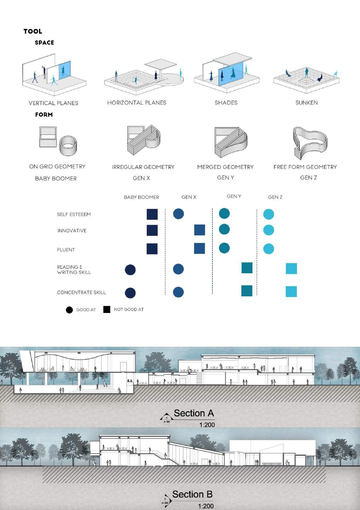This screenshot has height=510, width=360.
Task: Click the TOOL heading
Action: (x=33, y=31)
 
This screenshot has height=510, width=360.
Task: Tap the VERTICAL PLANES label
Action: (x=53, y=103)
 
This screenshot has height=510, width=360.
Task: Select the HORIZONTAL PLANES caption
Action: (x=137, y=103)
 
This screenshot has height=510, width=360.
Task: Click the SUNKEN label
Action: (x=306, y=103)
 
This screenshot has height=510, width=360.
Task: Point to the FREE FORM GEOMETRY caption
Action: (x=305, y=167)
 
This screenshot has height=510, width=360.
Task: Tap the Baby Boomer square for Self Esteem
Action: (x=152, y=214)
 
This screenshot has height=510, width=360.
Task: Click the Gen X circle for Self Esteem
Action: (x=178, y=214)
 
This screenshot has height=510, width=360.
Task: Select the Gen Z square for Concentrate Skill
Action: (x=291, y=291)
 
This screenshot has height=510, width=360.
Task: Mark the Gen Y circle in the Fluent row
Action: (x=224, y=248)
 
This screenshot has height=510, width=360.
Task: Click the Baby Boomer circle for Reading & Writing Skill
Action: (x=130, y=270)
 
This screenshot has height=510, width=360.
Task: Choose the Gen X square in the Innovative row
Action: (x=199, y=230)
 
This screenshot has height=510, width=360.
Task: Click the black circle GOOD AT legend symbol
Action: (x=69, y=310)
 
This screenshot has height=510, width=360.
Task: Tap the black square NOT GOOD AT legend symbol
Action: (x=107, y=309)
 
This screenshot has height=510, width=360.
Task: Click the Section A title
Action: (x=194, y=413)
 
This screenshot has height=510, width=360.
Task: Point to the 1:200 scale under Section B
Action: (x=206, y=506)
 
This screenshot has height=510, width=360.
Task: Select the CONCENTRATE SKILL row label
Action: (x=81, y=293)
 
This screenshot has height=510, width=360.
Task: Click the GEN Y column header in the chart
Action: (x=234, y=196)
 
